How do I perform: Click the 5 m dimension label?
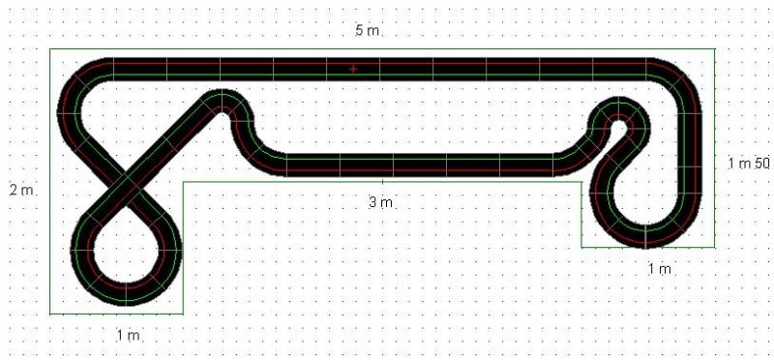pos(368,31)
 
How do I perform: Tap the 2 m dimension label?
pos(21,190)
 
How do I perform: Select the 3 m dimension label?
pos(380,202)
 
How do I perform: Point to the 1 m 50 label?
pos(749,164)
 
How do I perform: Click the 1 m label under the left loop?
pos(129,335)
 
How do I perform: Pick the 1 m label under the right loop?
pos(660,269)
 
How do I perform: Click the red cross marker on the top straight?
pos(353,69)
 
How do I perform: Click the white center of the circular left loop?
pos(127,250)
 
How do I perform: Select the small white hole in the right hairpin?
pos(619,124)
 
